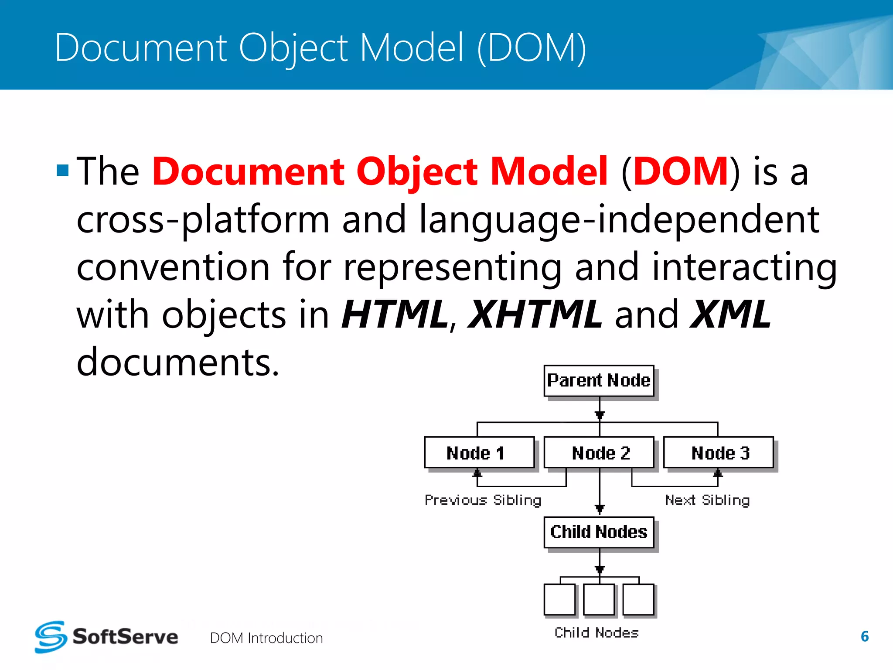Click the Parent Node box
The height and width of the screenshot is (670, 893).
click(599, 381)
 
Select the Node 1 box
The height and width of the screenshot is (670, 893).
click(479, 453)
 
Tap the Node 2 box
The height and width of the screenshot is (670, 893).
click(599, 453)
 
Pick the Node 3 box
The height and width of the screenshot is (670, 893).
click(719, 453)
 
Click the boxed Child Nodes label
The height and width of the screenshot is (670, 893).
click(599, 532)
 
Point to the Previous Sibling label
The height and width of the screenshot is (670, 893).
click(483, 500)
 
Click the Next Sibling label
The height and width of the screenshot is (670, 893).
click(707, 500)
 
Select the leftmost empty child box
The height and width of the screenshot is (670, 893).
click(559, 599)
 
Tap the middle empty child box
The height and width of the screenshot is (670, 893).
click(599, 599)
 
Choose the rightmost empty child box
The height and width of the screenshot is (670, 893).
click(638, 599)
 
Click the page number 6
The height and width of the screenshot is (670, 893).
click(865, 636)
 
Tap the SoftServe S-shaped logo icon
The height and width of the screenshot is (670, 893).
click(51, 637)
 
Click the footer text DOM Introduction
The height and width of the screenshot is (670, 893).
click(266, 638)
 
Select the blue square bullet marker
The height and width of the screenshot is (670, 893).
click(63, 170)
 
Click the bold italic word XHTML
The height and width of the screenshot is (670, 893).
click(535, 314)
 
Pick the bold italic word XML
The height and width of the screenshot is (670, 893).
click(731, 314)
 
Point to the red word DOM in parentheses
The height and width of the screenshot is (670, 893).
click(681, 171)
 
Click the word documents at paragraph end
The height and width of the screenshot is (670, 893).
click(177, 362)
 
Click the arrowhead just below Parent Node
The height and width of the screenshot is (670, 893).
click(600, 415)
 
